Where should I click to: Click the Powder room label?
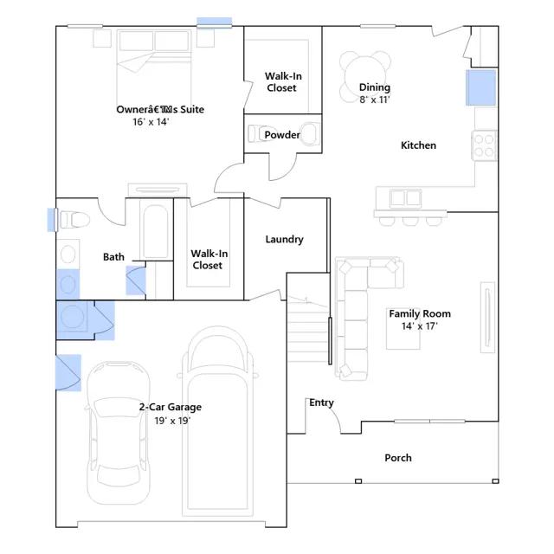click(282, 135)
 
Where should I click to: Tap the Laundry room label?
click(285, 239)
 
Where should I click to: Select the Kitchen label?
click(418, 145)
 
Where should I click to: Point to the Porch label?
click(398, 458)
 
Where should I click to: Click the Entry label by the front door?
click(321, 403)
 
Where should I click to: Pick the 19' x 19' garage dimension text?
click(172, 421)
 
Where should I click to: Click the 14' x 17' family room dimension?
click(419, 325)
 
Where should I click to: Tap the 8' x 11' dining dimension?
click(374, 100)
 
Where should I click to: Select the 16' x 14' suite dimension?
click(151, 122)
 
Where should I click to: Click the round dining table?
click(365, 76)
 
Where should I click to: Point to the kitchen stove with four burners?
click(484, 145)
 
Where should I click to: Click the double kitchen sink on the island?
click(406, 198)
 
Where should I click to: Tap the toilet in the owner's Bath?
click(74, 220)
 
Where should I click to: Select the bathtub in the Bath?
click(156, 231)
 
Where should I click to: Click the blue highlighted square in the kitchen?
click(481, 87)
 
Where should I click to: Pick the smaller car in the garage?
click(119, 433)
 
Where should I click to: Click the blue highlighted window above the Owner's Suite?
click(214, 22)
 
